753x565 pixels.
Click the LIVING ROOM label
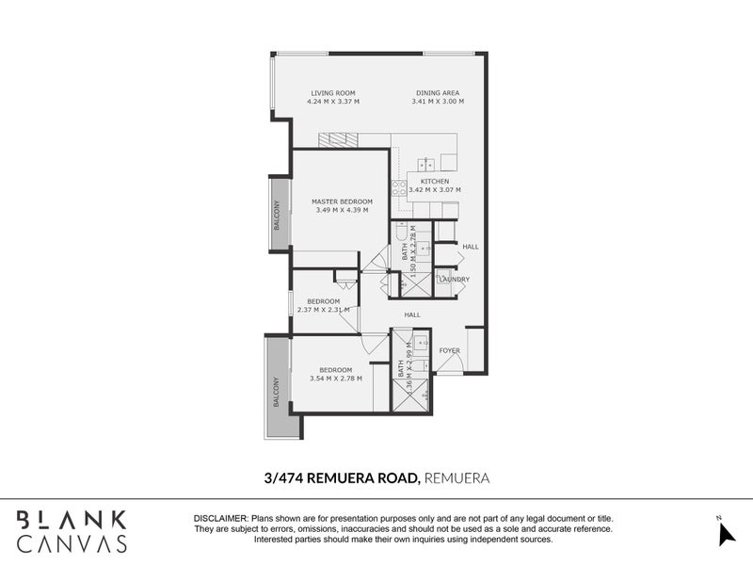click(334, 92)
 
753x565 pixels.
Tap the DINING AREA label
click(438, 92)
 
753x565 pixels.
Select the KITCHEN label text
click(435, 181)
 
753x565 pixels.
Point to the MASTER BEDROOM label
click(343, 202)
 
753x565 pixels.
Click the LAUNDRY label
click(454, 280)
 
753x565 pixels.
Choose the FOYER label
click(449, 350)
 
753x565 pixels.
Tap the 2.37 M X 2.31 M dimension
click(323, 310)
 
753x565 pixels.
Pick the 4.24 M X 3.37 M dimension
click(334, 102)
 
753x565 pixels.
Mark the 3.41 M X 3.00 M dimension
click(438, 102)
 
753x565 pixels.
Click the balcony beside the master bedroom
click(279, 214)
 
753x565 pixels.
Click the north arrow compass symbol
click(725, 533)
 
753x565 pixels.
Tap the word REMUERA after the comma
click(457, 478)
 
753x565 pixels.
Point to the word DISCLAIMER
click(219, 519)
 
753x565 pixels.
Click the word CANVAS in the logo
click(72, 544)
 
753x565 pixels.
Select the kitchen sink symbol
click(425, 162)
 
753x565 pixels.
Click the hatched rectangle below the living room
click(338, 140)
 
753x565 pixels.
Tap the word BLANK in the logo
click(72, 519)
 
